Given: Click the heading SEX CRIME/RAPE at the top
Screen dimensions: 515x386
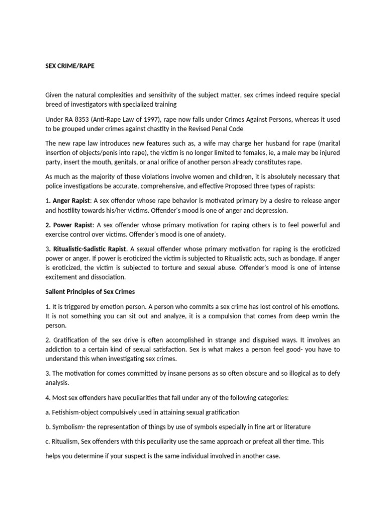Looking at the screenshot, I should tap(69, 65).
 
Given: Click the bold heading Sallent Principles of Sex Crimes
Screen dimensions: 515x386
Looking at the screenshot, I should tap(90, 291).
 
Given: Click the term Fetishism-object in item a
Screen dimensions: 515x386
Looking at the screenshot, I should tap(77, 412).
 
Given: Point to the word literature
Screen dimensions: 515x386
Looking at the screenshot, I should tap(293, 426).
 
